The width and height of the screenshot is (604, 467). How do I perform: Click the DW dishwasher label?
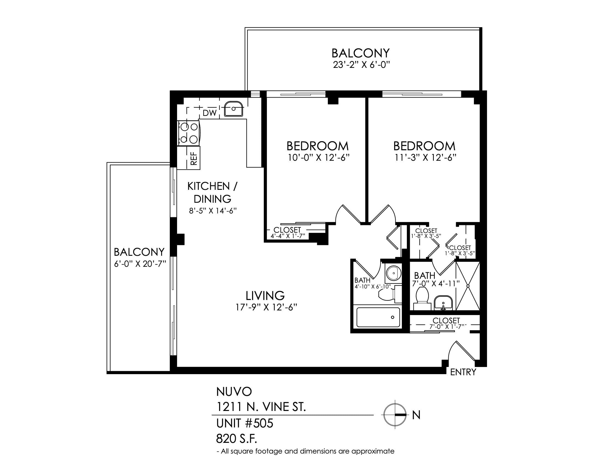[210, 113]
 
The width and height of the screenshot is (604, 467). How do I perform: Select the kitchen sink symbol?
[233, 109]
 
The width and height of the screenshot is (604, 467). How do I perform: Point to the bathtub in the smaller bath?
[378, 317]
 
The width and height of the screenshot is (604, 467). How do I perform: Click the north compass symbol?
[395, 415]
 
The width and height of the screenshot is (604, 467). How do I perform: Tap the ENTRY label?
[463, 373]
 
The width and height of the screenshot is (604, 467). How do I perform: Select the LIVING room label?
[265, 296]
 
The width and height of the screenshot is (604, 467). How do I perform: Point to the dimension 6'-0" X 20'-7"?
[140, 264]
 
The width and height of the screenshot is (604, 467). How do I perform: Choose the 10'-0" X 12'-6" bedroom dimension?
[319, 158]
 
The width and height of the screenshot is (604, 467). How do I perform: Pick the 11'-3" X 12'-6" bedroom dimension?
[425, 158]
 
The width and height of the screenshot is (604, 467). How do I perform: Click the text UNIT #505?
[245, 423]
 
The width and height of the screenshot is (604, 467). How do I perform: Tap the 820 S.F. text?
[236, 438]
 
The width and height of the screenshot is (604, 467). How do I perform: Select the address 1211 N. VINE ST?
[261, 407]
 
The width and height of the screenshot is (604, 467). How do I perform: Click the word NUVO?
[234, 391]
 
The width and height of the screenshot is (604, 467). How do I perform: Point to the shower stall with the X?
[468, 286]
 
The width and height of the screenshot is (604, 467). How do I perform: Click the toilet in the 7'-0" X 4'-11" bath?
[422, 298]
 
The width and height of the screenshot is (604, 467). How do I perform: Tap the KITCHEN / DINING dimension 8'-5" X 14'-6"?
[213, 211]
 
